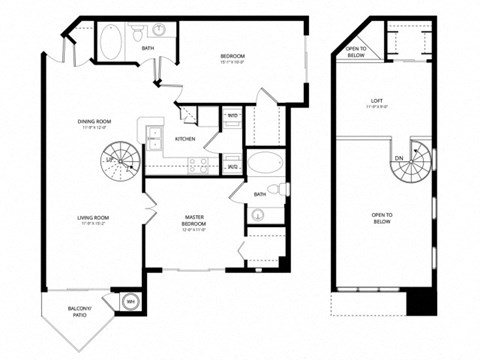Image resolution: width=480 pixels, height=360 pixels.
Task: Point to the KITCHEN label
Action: (x=186, y=139)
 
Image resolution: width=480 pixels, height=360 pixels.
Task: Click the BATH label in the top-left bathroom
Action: (x=148, y=48)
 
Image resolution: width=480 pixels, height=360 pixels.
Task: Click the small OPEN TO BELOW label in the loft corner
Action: (x=356, y=51)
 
